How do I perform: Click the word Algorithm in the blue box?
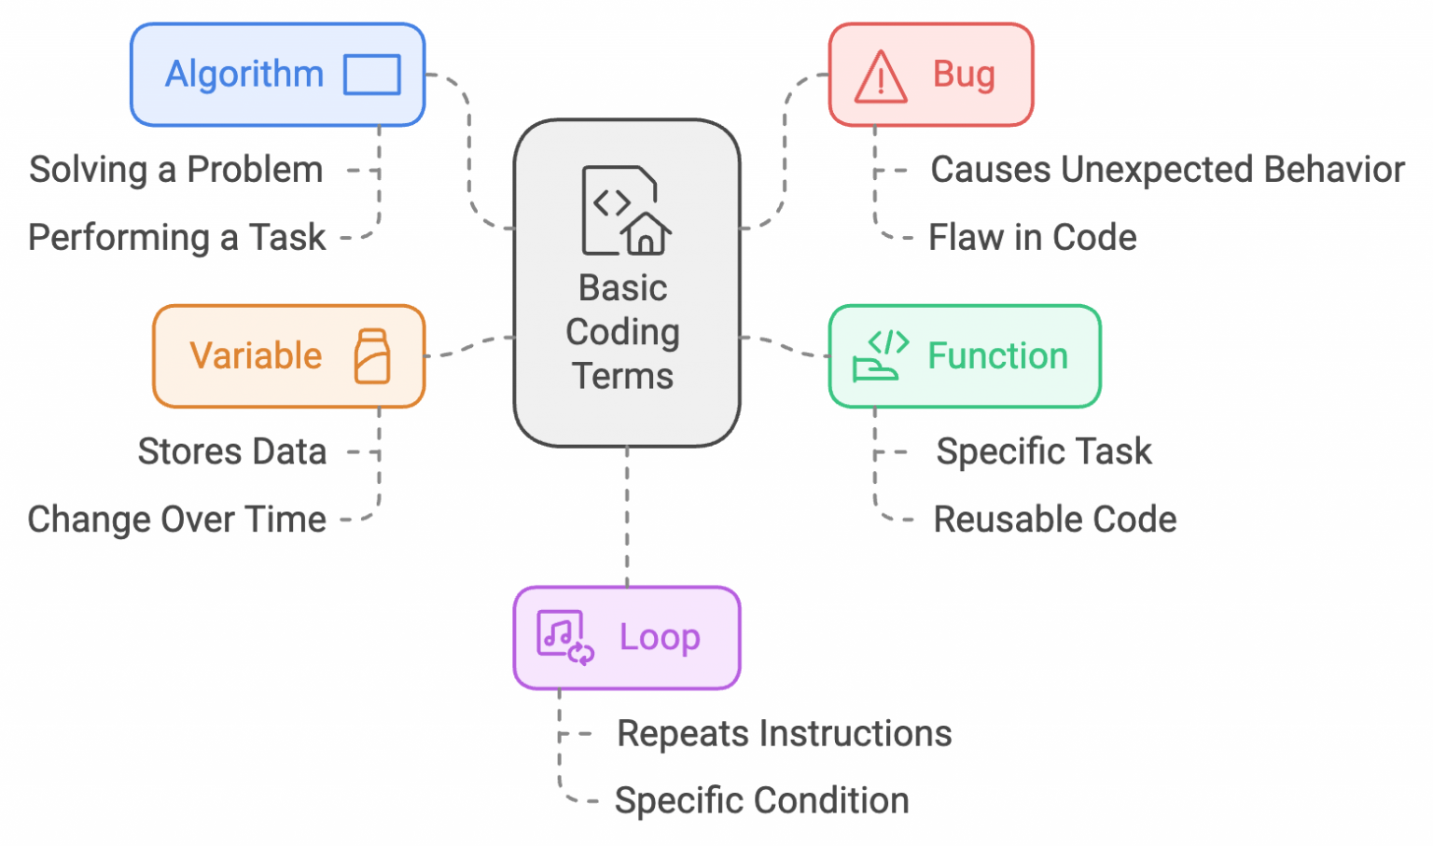(244, 75)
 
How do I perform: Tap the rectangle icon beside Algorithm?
(371, 75)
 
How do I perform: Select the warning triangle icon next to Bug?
(880, 76)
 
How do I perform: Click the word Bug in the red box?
(964, 75)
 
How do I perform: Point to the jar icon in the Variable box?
(372, 356)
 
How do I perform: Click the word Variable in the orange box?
(256, 356)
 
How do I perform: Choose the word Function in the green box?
(997, 356)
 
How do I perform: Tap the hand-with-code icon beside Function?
(880, 356)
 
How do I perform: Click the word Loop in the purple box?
(660, 638)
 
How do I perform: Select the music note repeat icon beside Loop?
(564, 638)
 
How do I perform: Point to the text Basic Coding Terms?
(623, 332)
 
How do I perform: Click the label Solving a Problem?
(176, 170)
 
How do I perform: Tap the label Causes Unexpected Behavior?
(1167, 170)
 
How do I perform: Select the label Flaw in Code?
(1032, 238)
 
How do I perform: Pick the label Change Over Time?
(177, 520)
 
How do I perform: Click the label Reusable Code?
(1055, 520)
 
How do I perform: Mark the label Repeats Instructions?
(784, 734)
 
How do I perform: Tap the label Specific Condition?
(761, 801)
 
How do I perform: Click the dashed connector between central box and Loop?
(627, 517)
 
